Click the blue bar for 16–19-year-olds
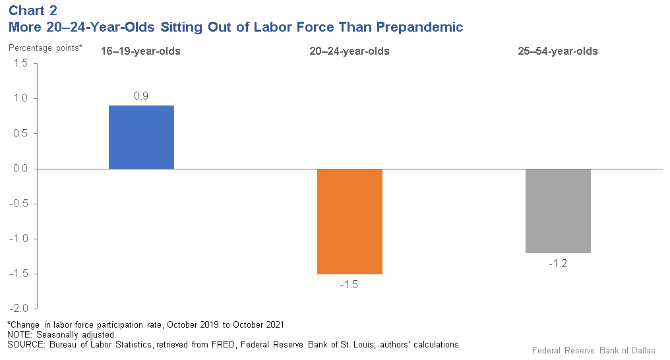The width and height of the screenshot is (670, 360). coord(141,137)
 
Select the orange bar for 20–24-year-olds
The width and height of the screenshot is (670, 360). coord(350,221)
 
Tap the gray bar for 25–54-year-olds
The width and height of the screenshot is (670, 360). coord(558,211)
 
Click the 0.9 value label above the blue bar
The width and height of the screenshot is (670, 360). coord(141,96)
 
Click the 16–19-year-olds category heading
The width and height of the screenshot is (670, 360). coord(140,51)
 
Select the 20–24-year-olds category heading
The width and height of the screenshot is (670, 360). coord(350,51)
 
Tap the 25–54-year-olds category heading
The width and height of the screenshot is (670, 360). coord(558,51)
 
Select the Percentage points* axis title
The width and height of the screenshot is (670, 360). coord(46,47)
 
